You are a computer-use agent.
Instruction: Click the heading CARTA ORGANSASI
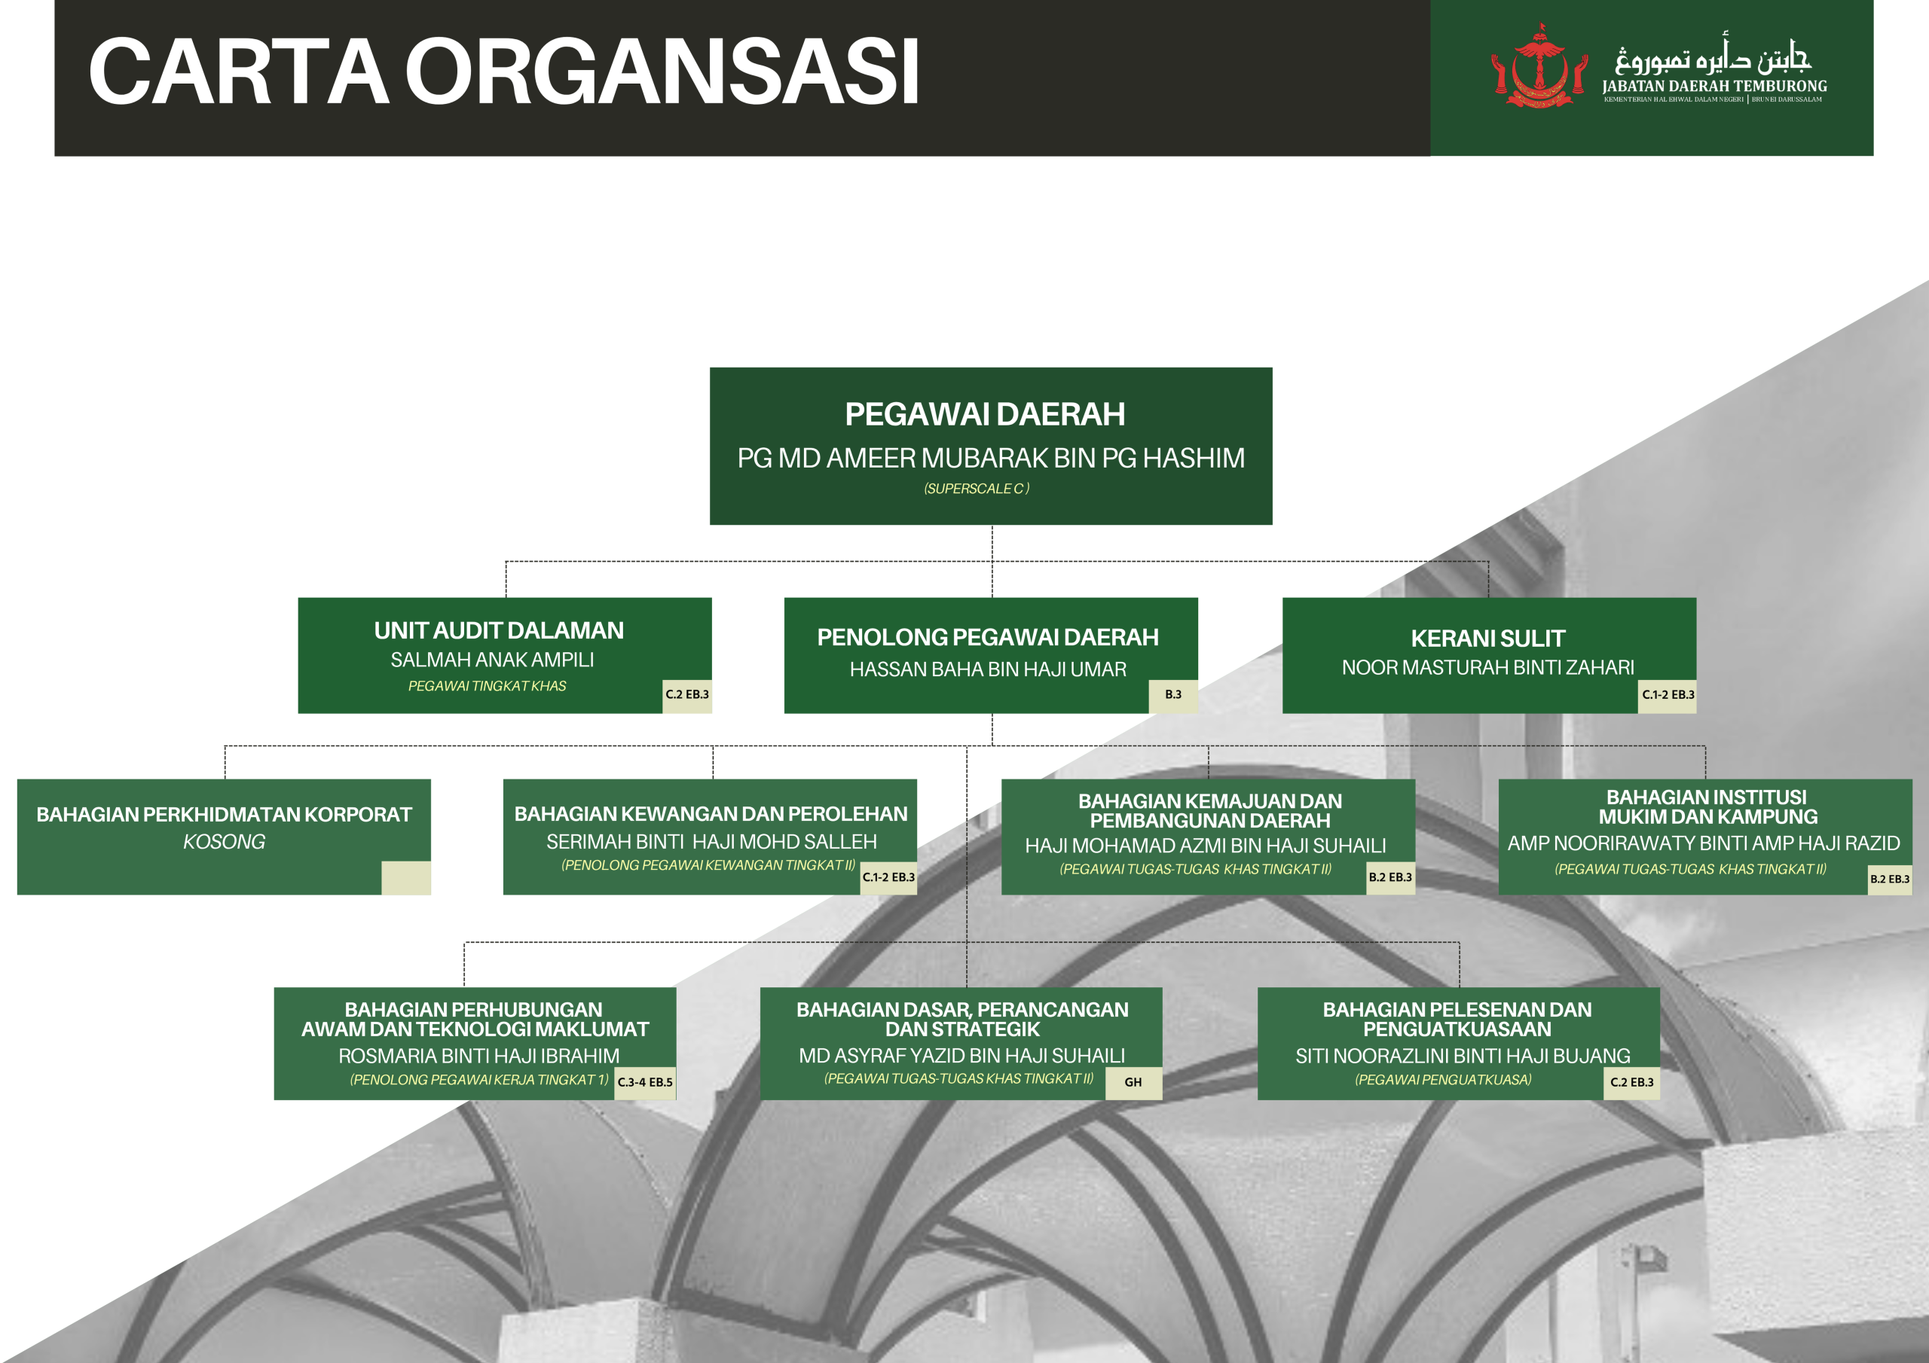click(x=504, y=72)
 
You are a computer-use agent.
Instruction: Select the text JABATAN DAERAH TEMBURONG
click(x=1714, y=86)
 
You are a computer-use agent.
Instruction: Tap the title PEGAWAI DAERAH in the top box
click(x=985, y=414)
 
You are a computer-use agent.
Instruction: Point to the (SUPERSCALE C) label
click(x=977, y=489)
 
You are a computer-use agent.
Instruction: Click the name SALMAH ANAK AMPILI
click(x=492, y=660)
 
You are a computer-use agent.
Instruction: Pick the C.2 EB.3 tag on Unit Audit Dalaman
click(x=687, y=694)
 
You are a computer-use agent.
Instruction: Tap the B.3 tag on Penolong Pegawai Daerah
click(x=1173, y=694)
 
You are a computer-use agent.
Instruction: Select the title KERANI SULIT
click(x=1488, y=639)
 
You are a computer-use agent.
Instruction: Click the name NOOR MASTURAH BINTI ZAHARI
click(x=1488, y=668)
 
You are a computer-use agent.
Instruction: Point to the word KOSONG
click(x=225, y=841)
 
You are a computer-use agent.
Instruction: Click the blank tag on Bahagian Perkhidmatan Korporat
click(x=406, y=877)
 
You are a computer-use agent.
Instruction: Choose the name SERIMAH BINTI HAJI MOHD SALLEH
click(x=711, y=841)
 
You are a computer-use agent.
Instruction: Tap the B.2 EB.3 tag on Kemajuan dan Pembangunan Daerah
click(x=1390, y=877)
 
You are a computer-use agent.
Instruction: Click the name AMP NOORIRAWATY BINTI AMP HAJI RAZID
click(x=1704, y=843)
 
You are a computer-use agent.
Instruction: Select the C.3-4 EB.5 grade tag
click(x=645, y=1083)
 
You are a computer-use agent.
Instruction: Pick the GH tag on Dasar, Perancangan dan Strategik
click(x=1133, y=1083)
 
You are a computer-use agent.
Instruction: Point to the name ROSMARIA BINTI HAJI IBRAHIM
click(x=479, y=1056)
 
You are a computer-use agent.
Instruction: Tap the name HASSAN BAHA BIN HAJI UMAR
click(x=988, y=669)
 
